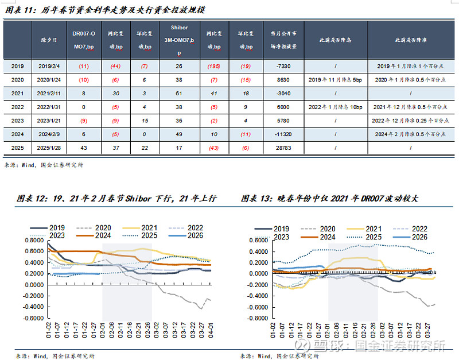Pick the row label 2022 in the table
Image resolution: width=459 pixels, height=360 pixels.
click(18, 107)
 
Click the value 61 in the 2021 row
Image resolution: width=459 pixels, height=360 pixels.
click(179, 94)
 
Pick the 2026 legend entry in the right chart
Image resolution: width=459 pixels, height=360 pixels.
click(415, 237)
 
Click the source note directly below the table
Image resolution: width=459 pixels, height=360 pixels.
click(44, 165)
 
